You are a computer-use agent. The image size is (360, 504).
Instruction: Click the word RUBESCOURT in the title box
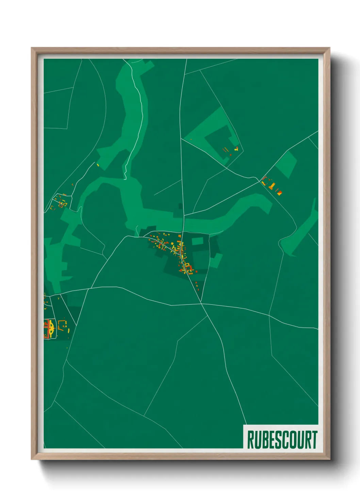point(282,440)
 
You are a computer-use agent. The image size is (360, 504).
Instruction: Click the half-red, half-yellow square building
point(279,193)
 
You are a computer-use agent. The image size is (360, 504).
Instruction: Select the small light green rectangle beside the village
point(197,241)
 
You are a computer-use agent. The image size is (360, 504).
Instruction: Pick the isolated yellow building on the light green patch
point(98,165)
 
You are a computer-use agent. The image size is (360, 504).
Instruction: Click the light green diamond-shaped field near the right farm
point(286,164)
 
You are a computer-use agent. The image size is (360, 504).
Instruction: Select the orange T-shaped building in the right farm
point(272,186)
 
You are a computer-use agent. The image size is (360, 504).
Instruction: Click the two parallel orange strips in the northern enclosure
point(225,150)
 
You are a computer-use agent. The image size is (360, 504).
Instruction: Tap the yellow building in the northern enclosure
point(236,148)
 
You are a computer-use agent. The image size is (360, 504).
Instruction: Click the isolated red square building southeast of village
point(196,282)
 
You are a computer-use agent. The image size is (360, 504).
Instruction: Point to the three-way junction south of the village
point(201,303)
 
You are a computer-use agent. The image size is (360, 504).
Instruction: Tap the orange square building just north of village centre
point(179,236)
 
